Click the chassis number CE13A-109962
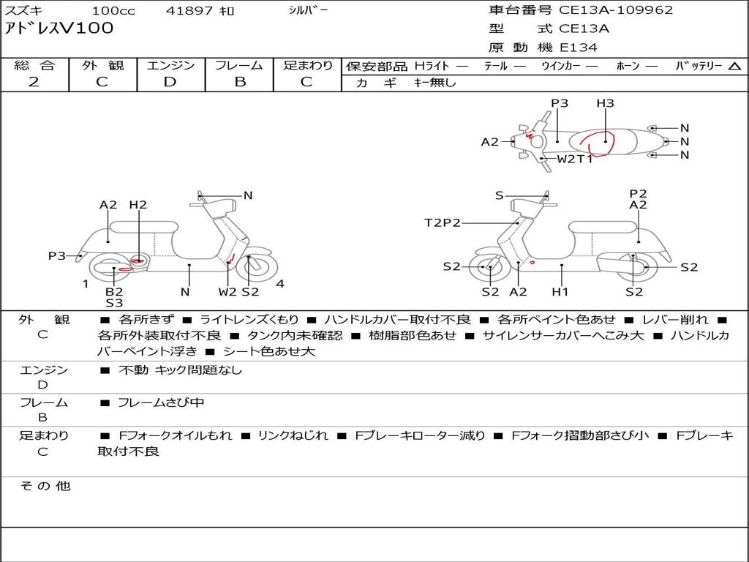[x=616, y=10]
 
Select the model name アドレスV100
[x=59, y=29]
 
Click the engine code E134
[x=579, y=48]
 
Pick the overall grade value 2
[x=34, y=82]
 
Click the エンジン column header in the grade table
[x=170, y=65]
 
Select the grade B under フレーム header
[x=240, y=82]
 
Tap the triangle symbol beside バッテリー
[x=734, y=67]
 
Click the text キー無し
[x=434, y=83]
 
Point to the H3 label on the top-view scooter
[x=605, y=102]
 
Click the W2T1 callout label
[x=575, y=159]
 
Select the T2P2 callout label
[x=443, y=222]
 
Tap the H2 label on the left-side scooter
[x=138, y=205]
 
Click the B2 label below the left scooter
[x=114, y=291]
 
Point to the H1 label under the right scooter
[x=560, y=291]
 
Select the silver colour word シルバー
[x=308, y=10]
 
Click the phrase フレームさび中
[x=161, y=403]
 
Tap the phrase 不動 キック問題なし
[x=180, y=370]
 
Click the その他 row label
[x=45, y=486]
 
